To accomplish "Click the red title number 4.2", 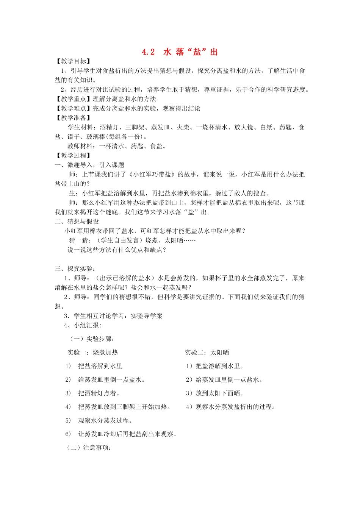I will (x=148, y=52).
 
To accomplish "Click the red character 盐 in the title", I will (x=197, y=52).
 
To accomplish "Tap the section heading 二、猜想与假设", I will (x=77, y=222).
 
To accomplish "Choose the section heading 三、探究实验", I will (x=74, y=269).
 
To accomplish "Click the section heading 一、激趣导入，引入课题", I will (x=89, y=165).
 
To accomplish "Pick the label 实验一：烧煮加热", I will (x=92, y=353).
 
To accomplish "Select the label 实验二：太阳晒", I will (x=207, y=353).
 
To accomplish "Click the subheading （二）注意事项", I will (x=89, y=448).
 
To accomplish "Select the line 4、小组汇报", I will (x=83, y=325).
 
